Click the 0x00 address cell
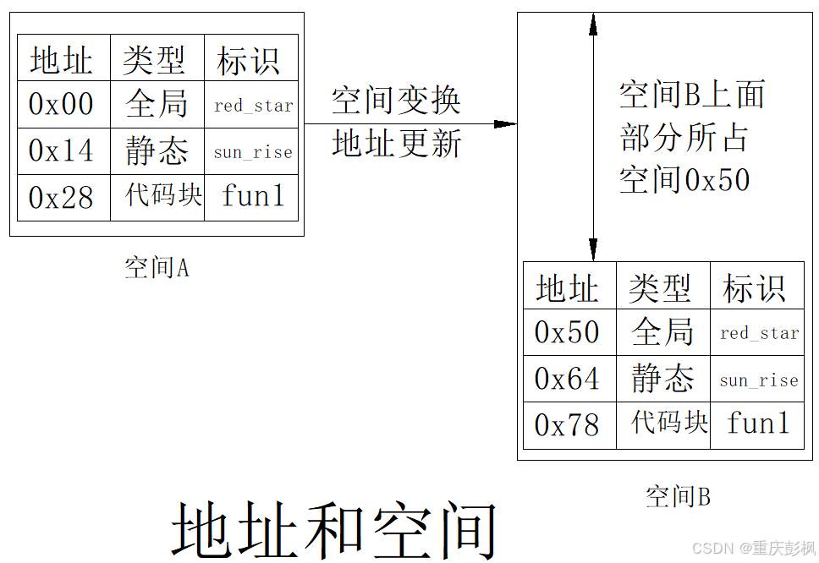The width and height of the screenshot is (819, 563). point(63,104)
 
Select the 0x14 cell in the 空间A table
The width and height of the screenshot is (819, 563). point(63,150)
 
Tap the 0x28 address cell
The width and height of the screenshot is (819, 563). point(63,197)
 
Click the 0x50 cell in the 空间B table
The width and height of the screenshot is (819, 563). point(568,332)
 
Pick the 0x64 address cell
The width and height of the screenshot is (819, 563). point(568,379)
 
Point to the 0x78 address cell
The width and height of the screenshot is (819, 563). point(568,424)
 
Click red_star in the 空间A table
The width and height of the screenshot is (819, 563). point(253,106)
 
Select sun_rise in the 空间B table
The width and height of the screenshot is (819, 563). point(759,380)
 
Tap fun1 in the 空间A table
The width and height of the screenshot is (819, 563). point(253,196)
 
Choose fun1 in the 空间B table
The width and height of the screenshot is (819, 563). point(758,423)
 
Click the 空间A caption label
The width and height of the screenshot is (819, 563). point(157,268)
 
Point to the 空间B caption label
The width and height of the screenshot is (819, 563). point(678,496)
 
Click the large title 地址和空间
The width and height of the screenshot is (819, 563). point(334,531)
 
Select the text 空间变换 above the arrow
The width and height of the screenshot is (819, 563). point(396,101)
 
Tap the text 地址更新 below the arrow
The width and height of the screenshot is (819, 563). point(396,144)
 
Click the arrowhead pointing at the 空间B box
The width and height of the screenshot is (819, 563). point(505,124)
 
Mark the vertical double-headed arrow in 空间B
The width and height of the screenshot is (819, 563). point(593,135)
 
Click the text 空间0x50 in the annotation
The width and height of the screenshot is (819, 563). point(684,180)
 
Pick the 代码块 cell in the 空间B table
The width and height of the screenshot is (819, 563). point(668,422)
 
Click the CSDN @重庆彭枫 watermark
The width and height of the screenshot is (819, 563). point(753,548)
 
